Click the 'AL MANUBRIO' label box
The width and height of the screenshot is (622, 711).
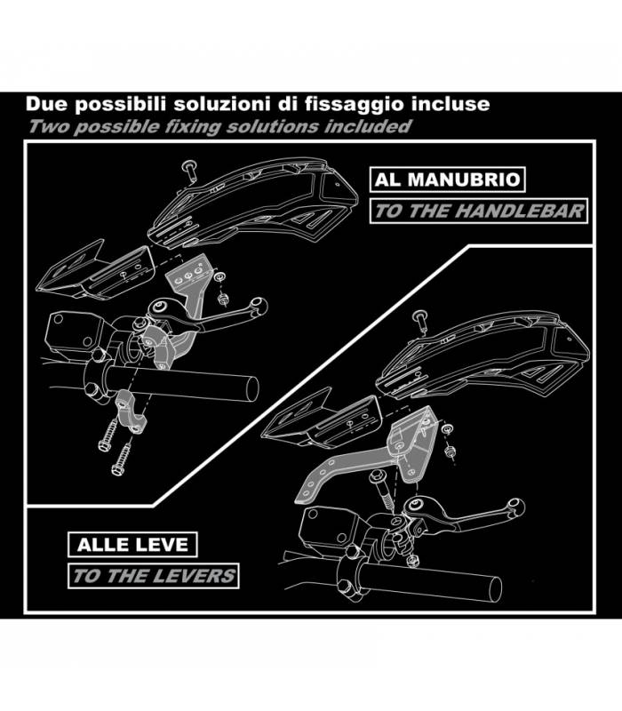coord(448,180)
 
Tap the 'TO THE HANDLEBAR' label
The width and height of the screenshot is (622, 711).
coord(479,211)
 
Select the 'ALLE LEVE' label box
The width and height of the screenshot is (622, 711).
coord(132,544)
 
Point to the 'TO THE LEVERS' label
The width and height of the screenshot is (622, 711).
coord(153,576)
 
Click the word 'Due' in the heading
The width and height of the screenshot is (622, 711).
coord(47,104)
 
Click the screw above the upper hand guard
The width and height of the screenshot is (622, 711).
coord(189,171)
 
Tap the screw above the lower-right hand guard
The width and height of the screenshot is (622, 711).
coord(420,321)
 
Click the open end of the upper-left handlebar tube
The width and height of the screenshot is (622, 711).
coord(253,388)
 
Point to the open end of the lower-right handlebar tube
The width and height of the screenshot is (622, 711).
coord(496,589)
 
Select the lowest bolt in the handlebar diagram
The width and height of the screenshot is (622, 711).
coord(121,459)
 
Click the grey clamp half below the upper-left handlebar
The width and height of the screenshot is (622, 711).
coord(132,413)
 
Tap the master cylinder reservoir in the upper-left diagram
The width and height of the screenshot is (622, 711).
coord(75,333)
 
